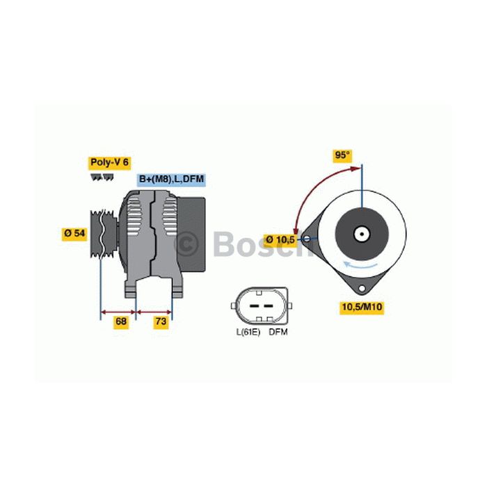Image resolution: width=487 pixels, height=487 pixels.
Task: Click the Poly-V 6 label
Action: [109, 162]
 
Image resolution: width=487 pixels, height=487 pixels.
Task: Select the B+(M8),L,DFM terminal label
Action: [171, 179]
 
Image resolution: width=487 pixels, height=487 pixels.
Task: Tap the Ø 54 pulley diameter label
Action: [74, 234]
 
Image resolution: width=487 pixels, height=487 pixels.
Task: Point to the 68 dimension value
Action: [120, 321]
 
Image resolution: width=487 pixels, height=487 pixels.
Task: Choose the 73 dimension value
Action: [161, 321]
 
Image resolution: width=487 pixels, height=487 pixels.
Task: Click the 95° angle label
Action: [342, 154]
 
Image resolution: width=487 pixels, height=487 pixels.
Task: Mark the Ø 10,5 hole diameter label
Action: [280, 239]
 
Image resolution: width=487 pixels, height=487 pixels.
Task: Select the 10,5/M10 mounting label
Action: [362, 308]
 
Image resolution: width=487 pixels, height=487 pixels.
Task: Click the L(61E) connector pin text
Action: [248, 332]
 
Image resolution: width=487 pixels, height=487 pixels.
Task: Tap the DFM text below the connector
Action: [278, 332]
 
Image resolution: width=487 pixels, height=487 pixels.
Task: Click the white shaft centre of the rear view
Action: [362, 234]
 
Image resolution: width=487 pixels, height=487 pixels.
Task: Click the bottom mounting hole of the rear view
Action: [362, 288]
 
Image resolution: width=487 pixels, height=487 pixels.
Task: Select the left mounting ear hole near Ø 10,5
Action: [307, 239]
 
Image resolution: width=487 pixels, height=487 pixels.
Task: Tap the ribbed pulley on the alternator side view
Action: [104, 234]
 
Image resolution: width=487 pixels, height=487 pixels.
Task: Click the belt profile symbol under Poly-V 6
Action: [102, 177]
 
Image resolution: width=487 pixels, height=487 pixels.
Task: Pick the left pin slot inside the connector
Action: [255, 306]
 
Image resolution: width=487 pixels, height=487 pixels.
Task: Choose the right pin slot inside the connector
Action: [269, 306]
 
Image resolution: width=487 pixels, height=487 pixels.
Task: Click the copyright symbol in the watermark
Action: [186, 244]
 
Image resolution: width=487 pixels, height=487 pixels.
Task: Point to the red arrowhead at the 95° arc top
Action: [356, 168]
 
